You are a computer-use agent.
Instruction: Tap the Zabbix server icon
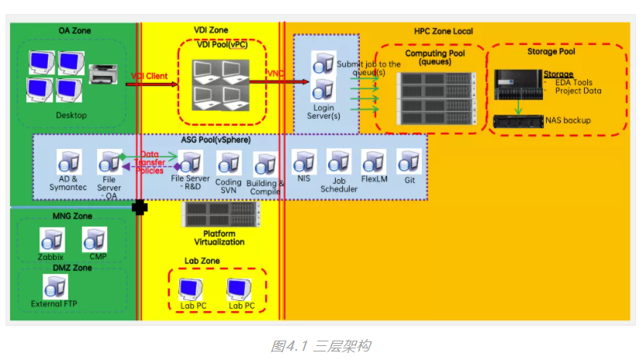tap(51, 240)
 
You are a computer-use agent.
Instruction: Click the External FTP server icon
tap(54, 287)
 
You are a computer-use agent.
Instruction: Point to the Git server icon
tap(409, 162)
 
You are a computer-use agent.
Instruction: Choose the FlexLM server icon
tap(374, 162)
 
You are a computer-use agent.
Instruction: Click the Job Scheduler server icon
tap(339, 162)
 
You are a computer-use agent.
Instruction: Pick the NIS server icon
tap(303, 162)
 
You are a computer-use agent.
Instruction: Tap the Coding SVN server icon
tap(228, 163)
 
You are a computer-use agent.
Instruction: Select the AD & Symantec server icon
tap(70, 162)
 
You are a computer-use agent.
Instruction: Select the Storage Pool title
tap(551, 51)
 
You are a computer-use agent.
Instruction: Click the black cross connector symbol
tap(140, 208)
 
